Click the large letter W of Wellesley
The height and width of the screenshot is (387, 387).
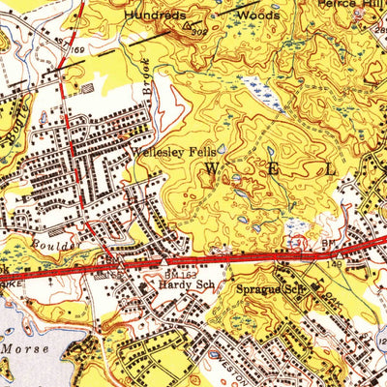point(211,168)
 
